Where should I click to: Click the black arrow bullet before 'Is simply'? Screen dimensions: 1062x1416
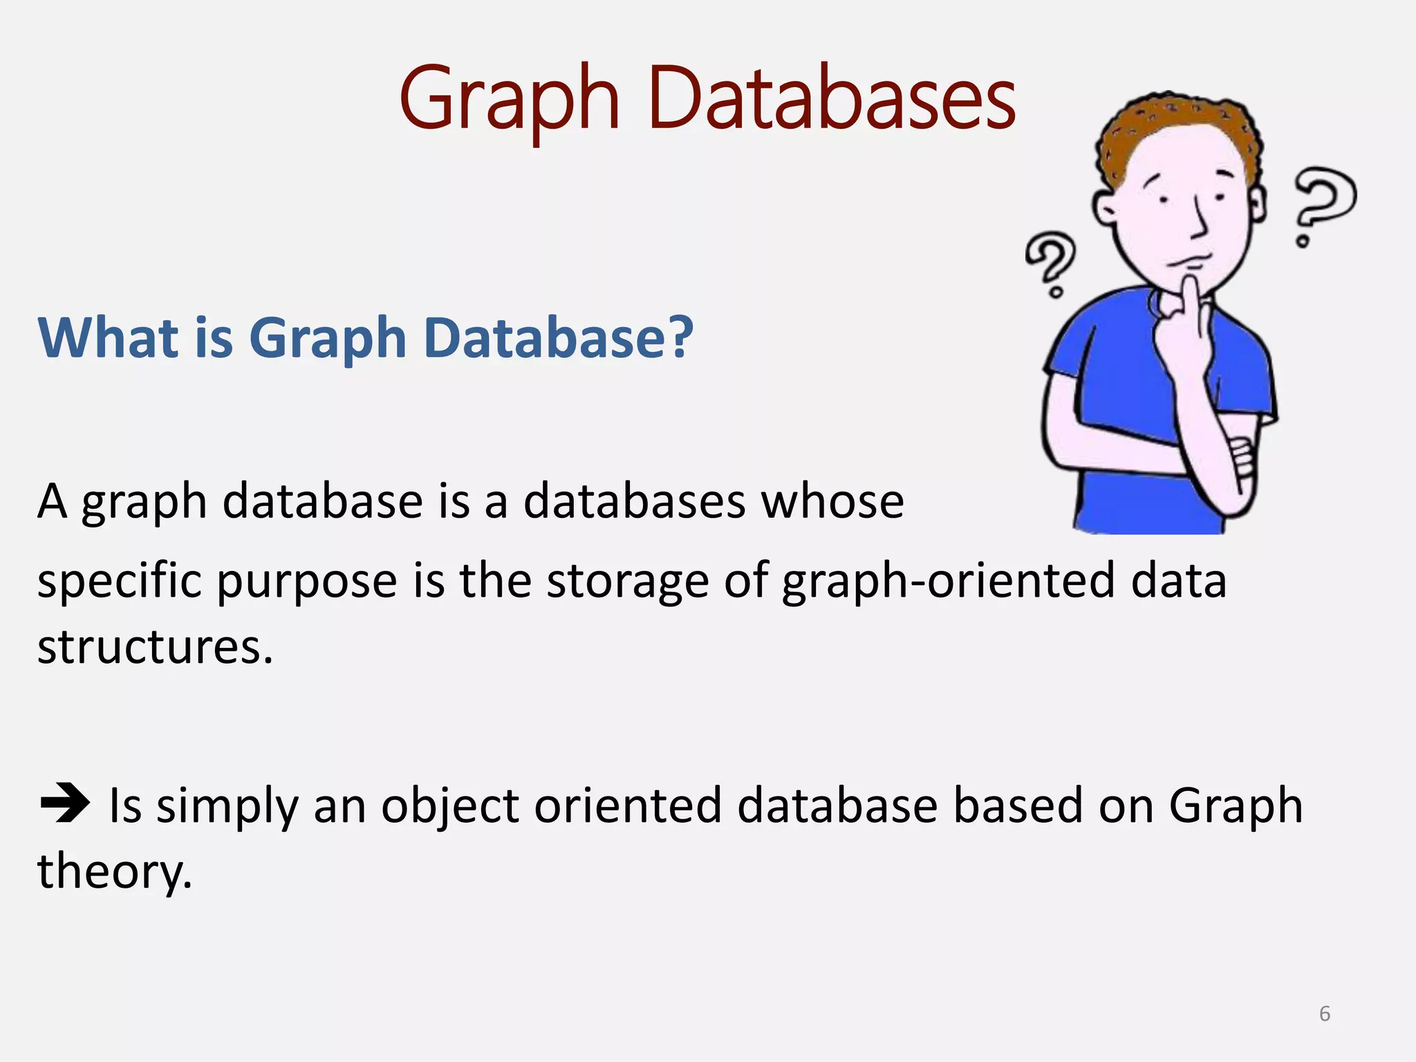(64, 803)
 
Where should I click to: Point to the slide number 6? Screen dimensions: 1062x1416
(1324, 1014)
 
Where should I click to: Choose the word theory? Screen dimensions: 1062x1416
(114, 872)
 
